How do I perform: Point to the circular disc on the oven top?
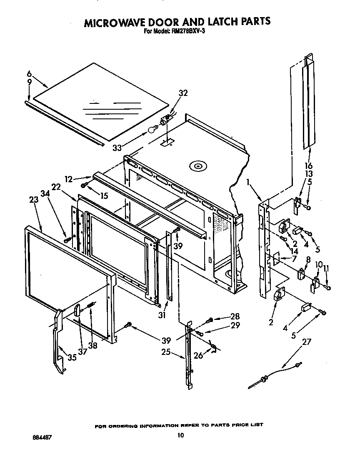197,166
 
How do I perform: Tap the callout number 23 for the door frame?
34,200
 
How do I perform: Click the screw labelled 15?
85,184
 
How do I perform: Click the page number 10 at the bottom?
180,435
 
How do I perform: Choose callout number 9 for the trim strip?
29,83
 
